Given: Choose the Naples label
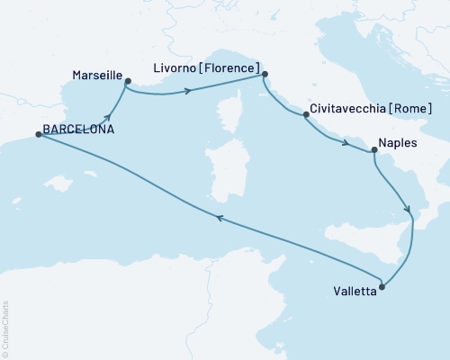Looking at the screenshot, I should click(x=398, y=142).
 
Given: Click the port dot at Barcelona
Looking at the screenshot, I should click(x=38, y=134).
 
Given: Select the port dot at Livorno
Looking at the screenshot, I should click(x=265, y=77).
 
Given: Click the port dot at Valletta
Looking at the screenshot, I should click(x=382, y=288).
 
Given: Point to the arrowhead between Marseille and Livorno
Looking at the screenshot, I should click(x=188, y=90).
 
